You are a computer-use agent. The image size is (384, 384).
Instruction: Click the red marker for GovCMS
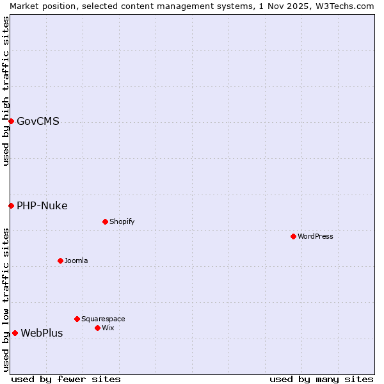pos(11,121)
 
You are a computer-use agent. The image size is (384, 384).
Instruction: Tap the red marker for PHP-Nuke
pos(11,205)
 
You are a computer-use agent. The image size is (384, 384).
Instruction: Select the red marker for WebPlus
pos(15,333)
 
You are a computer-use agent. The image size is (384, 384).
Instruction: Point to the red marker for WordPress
pos(293,236)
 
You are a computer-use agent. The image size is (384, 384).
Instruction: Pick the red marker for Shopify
pos(105,221)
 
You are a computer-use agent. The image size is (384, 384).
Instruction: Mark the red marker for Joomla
pos(60,260)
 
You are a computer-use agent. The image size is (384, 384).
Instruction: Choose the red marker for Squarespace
pos(77,319)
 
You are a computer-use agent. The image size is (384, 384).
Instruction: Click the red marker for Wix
pos(97,328)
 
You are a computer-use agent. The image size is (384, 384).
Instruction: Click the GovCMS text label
pos(38,121)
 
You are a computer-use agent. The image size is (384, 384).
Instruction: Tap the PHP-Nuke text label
pos(42,205)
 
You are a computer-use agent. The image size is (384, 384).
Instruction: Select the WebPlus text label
pos(42,333)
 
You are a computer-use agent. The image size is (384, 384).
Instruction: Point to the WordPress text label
pos(316,236)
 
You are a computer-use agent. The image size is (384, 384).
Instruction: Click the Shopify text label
pos(122,221)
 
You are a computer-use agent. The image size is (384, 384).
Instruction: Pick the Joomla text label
pos(76,260)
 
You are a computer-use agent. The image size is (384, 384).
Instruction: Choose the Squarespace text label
pos(103,319)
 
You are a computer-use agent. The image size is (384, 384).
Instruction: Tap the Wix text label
pos(108,328)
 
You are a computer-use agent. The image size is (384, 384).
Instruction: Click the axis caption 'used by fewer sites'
pos(66,379)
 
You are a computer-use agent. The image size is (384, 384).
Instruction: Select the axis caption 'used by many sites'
pos(321,379)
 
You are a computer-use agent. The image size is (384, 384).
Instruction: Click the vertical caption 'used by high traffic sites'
pos(6,91)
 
